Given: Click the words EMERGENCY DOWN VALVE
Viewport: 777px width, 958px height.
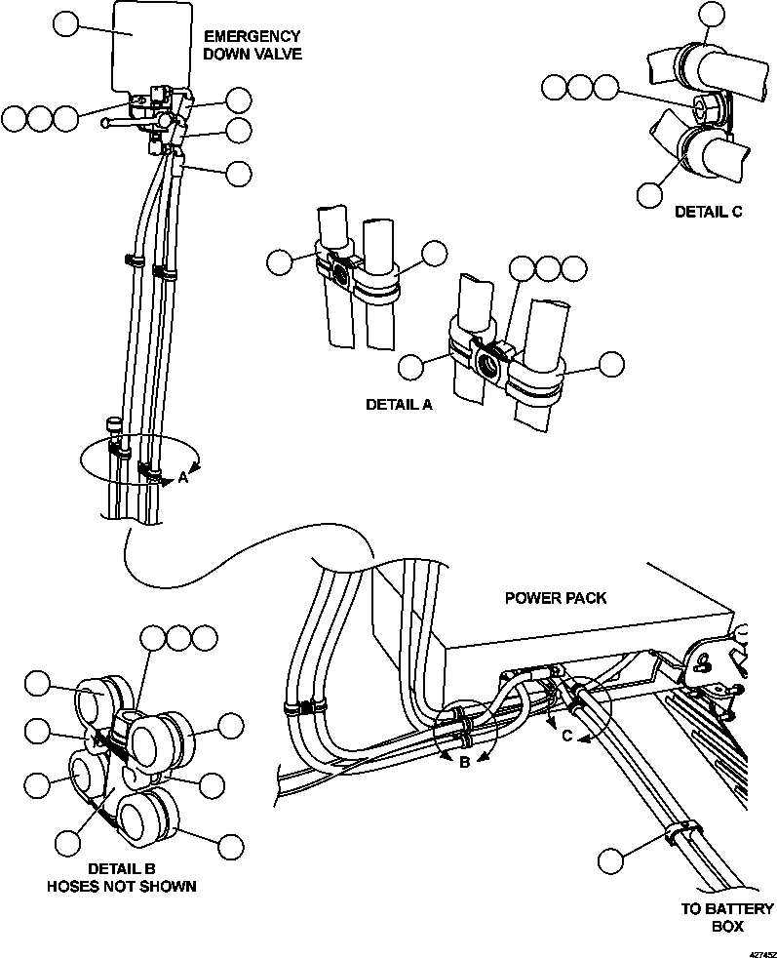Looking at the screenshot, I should pos(252,45).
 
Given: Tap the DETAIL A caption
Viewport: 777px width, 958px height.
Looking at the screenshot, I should pos(398,404).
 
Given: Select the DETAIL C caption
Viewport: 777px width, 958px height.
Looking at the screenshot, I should pos(709,211).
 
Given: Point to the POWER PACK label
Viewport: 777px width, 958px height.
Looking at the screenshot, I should pos(554,597).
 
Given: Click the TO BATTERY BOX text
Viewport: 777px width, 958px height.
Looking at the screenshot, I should pos(726,917).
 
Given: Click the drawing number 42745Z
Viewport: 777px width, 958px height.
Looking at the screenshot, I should pos(760,946).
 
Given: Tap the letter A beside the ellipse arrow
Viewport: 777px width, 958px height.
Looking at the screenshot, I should pos(182,478).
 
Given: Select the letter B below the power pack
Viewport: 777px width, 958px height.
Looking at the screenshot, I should pos(465,762).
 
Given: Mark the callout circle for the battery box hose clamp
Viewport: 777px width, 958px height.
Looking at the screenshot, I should pos(611,860).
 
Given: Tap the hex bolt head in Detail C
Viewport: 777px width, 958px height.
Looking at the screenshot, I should pos(703,105).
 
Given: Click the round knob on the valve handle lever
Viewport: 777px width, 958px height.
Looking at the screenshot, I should pos(103,123).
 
